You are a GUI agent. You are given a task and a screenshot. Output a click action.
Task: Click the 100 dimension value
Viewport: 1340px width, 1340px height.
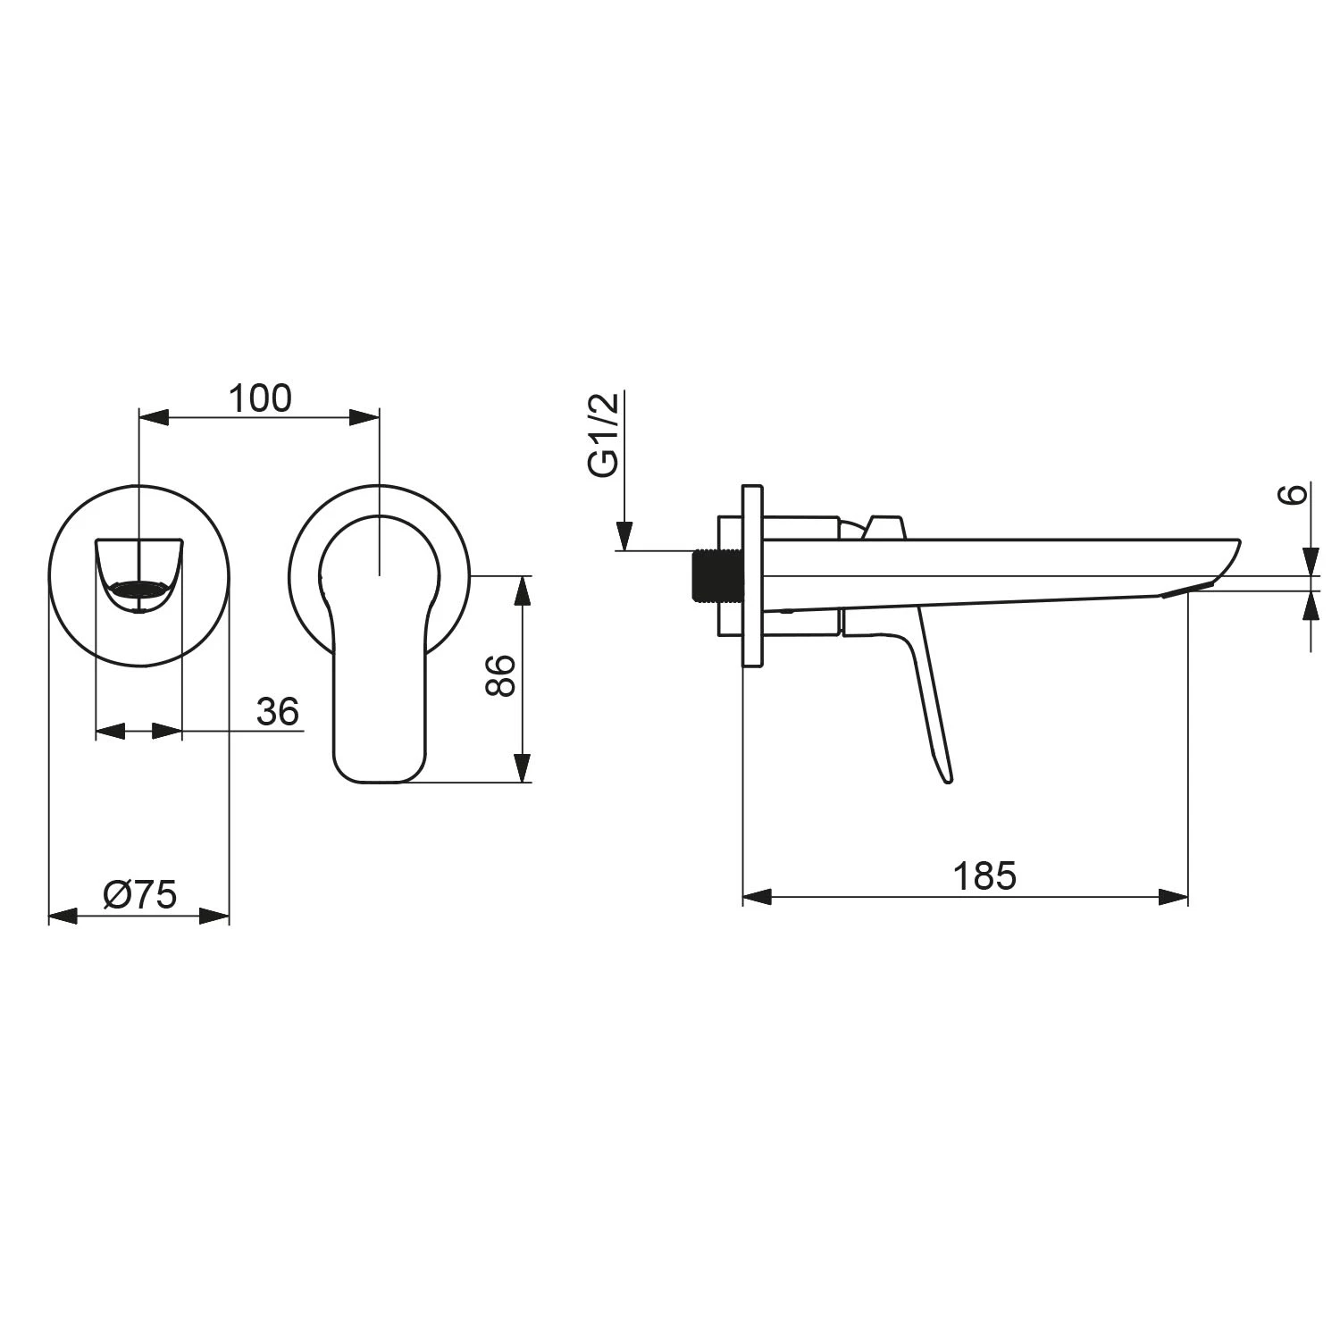point(260,398)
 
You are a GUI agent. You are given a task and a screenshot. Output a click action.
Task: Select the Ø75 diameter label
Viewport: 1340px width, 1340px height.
point(140,895)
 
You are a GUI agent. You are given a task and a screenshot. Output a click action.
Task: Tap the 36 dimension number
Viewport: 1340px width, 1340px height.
point(277,712)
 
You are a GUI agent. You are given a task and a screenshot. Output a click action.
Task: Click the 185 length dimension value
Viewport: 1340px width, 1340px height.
point(984,876)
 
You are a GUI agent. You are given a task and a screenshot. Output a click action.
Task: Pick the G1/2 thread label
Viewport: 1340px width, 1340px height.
point(604,436)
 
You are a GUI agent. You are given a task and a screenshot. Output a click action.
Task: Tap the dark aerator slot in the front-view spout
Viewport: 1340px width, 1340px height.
point(138,589)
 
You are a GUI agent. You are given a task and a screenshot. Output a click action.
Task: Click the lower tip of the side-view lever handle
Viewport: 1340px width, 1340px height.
point(947,777)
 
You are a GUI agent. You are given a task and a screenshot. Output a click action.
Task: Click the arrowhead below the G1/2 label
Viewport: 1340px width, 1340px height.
point(626,537)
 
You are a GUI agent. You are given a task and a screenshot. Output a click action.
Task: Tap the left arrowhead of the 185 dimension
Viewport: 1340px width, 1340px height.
point(758,897)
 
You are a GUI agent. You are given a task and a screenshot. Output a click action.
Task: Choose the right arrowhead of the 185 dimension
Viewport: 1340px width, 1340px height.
point(1173,897)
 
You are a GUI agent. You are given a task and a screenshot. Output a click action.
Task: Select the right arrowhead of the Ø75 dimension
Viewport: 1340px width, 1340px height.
point(215,916)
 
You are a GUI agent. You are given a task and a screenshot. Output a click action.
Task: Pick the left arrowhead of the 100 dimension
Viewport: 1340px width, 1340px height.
point(155,417)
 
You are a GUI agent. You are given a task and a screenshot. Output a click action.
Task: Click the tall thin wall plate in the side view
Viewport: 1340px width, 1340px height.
point(752,576)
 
